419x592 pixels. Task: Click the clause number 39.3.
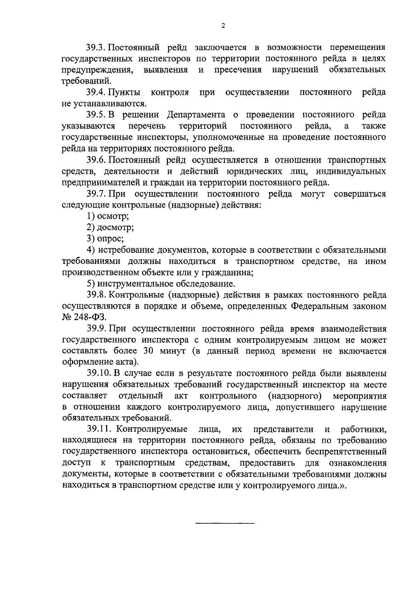96,47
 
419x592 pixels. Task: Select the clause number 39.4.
96,92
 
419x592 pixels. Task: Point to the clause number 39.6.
96,160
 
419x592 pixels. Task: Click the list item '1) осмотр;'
108,216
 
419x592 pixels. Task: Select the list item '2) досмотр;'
110,227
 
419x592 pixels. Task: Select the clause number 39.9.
96,328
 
